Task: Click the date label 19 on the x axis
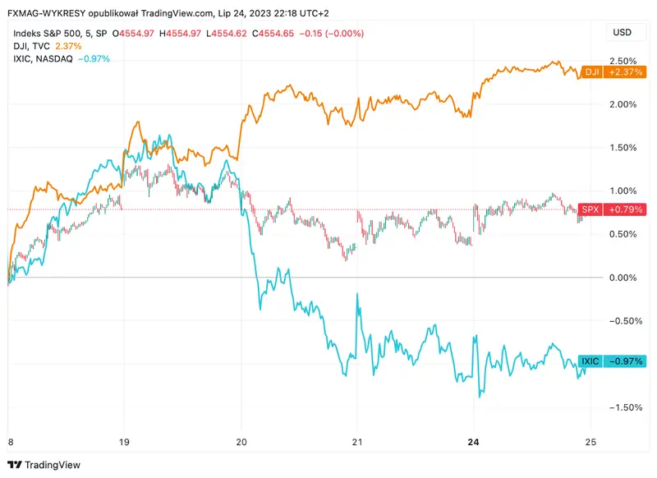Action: pyautogui.click(x=124, y=440)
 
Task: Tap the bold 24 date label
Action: pyautogui.click(x=473, y=440)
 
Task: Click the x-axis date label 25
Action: pyautogui.click(x=589, y=440)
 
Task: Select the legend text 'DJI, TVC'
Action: pyautogui.click(x=32, y=46)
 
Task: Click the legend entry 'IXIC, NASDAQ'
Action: pyautogui.click(x=43, y=59)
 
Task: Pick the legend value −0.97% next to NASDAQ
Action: pyautogui.click(x=94, y=59)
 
